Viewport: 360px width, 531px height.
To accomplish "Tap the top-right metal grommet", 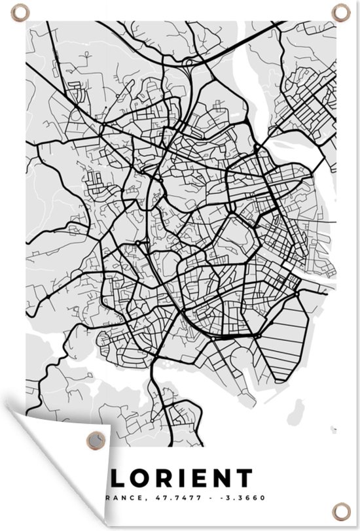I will click(x=341, y=10).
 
